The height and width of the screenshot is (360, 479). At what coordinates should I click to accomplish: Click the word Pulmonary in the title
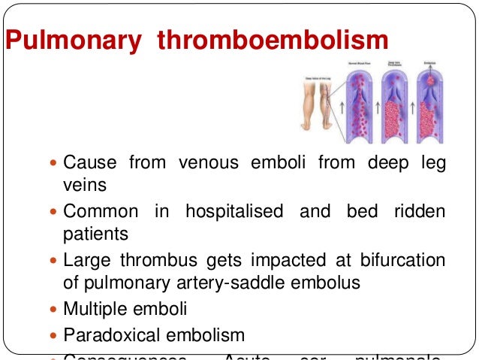click(x=73, y=41)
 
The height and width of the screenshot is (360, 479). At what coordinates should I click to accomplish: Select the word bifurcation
click(x=404, y=260)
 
